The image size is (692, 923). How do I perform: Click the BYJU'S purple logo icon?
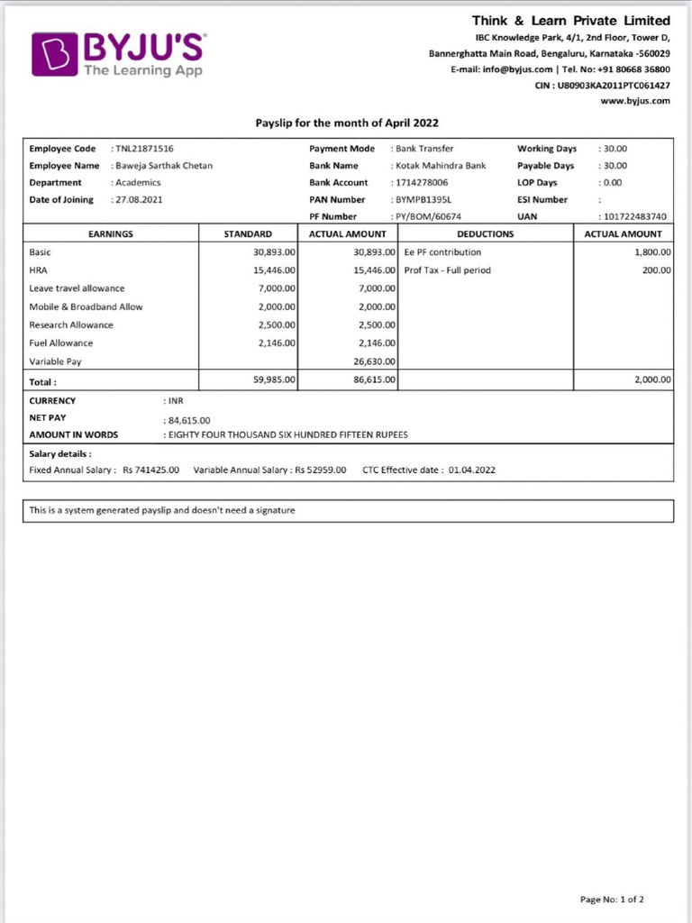coord(55,54)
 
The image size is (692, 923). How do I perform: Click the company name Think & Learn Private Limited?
coord(571,20)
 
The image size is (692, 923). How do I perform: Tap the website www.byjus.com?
coord(635,100)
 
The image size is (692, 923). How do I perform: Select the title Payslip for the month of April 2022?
coord(347,123)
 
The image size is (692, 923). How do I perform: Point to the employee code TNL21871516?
coord(144,149)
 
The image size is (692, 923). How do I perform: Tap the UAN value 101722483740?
coord(635,216)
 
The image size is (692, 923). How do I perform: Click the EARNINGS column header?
coord(111,233)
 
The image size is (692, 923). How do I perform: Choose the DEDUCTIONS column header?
coord(486,233)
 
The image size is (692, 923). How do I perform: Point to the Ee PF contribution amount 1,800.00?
coord(652,252)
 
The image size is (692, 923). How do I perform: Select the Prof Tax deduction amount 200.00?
coord(656,270)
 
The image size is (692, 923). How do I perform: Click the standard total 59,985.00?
coord(275,380)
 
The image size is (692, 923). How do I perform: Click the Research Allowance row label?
coord(71,324)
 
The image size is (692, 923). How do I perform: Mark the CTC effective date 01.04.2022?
coord(471,470)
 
